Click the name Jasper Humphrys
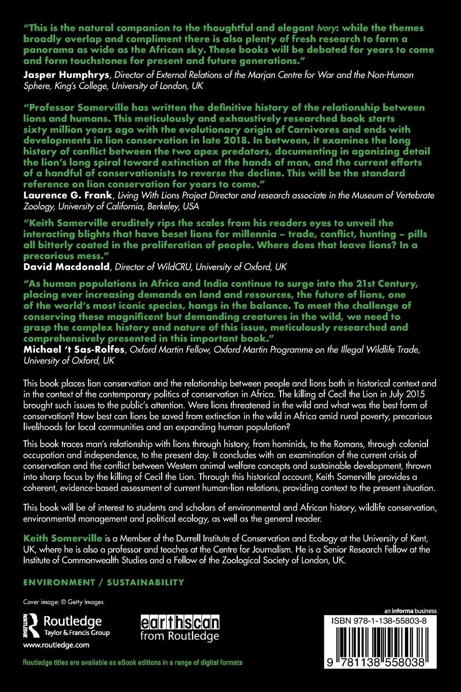tap(66, 75)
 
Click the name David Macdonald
tap(67, 267)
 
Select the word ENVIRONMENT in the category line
tap(59, 582)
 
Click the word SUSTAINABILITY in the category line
tap(145, 582)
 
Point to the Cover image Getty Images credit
tap(64, 602)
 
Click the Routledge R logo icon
tap(32, 625)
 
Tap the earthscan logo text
tap(179, 622)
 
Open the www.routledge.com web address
tap(56, 645)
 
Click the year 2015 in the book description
tap(411, 394)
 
